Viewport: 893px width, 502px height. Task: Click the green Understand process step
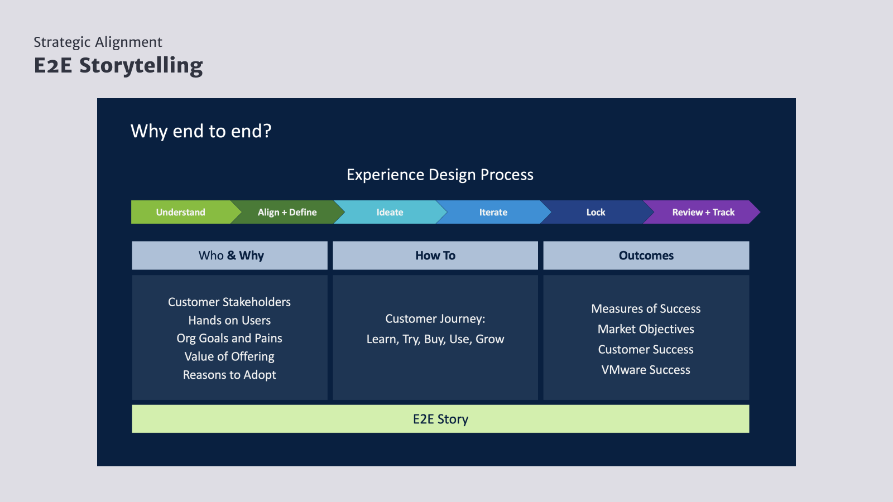tap(180, 212)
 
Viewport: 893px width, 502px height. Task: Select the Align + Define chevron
tap(287, 212)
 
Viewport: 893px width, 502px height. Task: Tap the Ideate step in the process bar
tap(390, 212)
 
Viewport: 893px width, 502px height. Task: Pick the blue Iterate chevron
tap(493, 212)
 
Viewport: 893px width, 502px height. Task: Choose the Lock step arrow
tap(596, 212)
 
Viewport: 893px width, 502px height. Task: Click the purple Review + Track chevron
tap(703, 212)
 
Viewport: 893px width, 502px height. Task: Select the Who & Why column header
tap(230, 255)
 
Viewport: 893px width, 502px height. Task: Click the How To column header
tap(435, 255)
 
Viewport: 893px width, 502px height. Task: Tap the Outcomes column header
tap(646, 255)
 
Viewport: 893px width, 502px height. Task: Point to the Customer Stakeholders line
tap(229, 302)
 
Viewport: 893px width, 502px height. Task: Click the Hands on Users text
tap(229, 321)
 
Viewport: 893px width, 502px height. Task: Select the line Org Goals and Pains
tap(229, 339)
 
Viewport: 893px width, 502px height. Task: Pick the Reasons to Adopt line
tap(229, 375)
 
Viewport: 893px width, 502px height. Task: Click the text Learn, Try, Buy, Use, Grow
tap(435, 339)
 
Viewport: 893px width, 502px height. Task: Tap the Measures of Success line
tap(646, 309)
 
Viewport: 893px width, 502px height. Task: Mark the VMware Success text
tap(646, 370)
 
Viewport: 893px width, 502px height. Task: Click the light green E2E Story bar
tap(440, 419)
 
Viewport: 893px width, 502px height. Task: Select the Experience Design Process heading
tap(440, 175)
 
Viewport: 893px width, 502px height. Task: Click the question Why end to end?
tap(201, 131)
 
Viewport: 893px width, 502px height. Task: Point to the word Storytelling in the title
tap(141, 65)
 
